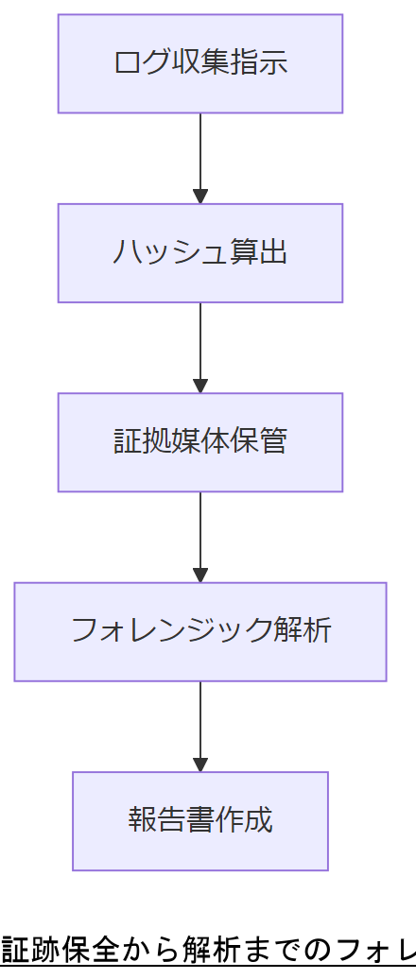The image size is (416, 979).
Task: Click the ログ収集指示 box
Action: [199, 63]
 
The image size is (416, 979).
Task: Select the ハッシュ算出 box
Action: [199, 253]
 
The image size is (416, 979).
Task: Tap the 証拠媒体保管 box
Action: [199, 442]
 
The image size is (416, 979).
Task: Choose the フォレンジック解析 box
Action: [199, 631]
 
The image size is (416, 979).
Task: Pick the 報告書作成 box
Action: [199, 820]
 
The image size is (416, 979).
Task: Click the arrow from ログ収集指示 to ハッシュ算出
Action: [199, 157]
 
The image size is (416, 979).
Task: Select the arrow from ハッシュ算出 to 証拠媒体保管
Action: [199, 346]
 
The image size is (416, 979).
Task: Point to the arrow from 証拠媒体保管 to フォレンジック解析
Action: [199, 535]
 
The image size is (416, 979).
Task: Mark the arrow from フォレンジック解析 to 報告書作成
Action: [199, 724]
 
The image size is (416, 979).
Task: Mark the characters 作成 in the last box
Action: [244, 820]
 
